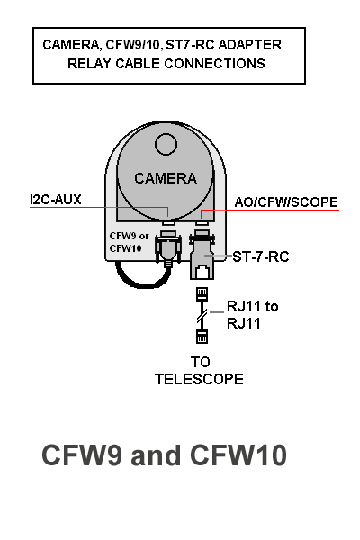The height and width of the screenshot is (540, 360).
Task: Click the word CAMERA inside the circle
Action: tap(166, 178)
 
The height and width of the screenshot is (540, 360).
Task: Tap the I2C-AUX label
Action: tap(56, 200)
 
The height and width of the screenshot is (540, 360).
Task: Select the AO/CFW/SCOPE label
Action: tap(286, 202)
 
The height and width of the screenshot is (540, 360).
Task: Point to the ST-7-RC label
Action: tap(260, 256)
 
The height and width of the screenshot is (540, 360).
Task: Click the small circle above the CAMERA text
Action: tap(166, 144)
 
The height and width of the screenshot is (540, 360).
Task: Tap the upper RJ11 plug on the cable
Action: tap(202, 293)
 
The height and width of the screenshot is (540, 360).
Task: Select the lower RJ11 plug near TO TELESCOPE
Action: tap(202, 337)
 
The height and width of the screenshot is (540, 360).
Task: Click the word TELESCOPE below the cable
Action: tap(199, 379)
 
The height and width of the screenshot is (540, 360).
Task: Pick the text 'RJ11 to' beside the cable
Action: tap(253, 306)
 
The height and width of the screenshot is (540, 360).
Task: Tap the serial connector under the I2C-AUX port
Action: tap(168, 248)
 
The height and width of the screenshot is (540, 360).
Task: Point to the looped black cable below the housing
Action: tap(142, 278)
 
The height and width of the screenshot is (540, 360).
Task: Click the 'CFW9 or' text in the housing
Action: tap(130, 236)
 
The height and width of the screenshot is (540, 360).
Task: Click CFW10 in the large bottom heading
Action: tap(238, 454)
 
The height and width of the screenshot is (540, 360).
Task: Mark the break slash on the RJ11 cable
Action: tap(202, 315)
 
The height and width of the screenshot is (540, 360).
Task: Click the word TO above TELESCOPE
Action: tap(200, 362)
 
